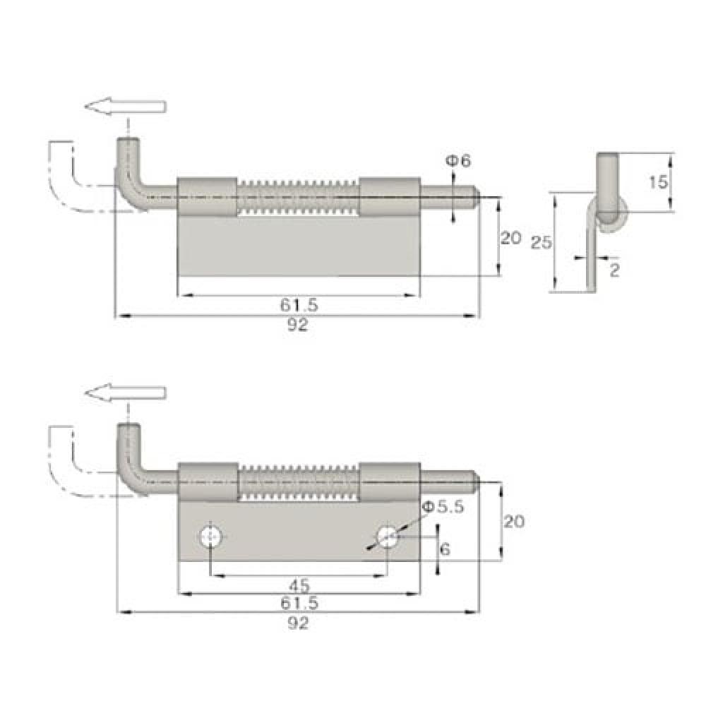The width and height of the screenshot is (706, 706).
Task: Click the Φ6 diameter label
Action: click(458, 161)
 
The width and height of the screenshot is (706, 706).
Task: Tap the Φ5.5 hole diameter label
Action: click(443, 508)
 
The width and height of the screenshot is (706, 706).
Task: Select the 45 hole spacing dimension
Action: click(299, 586)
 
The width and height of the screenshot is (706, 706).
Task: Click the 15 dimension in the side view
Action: click(658, 182)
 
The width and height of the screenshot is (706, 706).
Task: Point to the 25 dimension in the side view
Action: click(541, 243)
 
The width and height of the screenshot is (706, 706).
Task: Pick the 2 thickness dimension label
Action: click(615, 270)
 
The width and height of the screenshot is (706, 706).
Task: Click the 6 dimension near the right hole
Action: click(445, 549)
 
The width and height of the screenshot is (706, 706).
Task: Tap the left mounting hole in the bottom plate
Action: click(210, 537)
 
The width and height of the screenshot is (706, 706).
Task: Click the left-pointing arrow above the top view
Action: click(125, 107)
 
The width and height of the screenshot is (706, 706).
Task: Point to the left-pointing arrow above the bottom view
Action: click(125, 393)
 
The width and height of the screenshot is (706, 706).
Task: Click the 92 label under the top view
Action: click(297, 325)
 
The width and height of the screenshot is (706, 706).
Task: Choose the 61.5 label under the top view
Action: click(299, 306)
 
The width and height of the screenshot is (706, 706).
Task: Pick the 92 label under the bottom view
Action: click(298, 623)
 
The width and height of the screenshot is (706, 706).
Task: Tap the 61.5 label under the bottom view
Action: click(299, 603)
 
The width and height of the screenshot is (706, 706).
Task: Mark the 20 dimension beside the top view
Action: click(510, 238)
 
